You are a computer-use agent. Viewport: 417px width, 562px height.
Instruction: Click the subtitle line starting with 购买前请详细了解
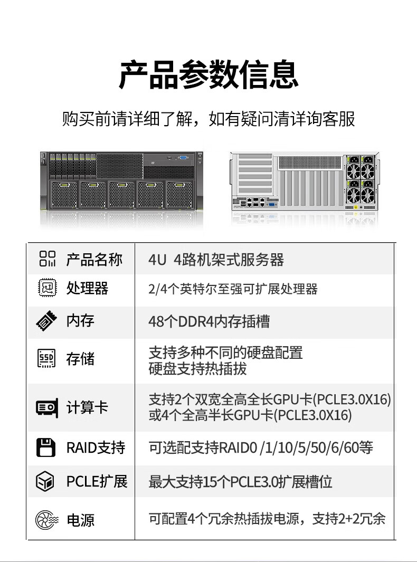click(x=209, y=119)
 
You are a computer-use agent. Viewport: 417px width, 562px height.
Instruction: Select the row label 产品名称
click(x=94, y=260)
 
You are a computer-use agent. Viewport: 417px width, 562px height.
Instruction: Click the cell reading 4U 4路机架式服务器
click(x=216, y=260)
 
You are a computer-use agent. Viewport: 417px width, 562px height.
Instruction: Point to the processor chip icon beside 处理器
click(x=47, y=288)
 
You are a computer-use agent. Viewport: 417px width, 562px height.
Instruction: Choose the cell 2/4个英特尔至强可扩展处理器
click(x=233, y=289)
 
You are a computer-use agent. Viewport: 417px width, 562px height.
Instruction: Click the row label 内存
click(x=80, y=321)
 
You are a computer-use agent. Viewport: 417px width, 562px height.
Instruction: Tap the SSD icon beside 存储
click(x=47, y=359)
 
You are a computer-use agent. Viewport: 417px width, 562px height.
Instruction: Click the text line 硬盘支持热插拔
click(x=197, y=369)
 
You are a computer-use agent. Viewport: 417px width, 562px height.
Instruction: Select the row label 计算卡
click(x=87, y=407)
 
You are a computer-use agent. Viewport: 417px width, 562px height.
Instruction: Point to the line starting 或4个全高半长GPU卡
click(x=250, y=415)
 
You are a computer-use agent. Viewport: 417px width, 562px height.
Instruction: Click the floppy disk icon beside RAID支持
click(x=45, y=447)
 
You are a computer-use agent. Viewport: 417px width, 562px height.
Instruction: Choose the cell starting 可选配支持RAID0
click(x=261, y=448)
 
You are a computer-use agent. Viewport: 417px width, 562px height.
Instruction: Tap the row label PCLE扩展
click(x=97, y=481)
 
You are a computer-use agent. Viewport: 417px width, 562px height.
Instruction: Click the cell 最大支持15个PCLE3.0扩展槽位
click(x=240, y=482)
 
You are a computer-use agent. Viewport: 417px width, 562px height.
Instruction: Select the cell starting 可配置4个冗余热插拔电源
click(x=267, y=519)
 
